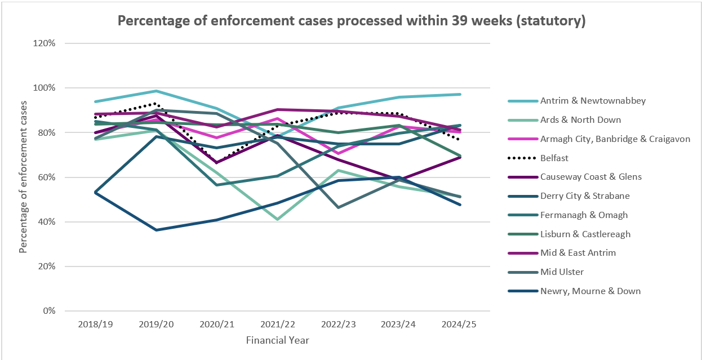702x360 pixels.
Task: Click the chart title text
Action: (x=352, y=21)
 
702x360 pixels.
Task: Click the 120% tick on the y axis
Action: (x=44, y=43)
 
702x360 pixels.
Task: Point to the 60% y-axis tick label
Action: (x=46, y=177)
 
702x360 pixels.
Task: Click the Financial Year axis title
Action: (x=277, y=340)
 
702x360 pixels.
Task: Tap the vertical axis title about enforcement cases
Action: (x=23, y=177)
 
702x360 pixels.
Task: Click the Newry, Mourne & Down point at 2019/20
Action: (x=156, y=230)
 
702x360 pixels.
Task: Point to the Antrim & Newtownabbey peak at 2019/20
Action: (x=156, y=91)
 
